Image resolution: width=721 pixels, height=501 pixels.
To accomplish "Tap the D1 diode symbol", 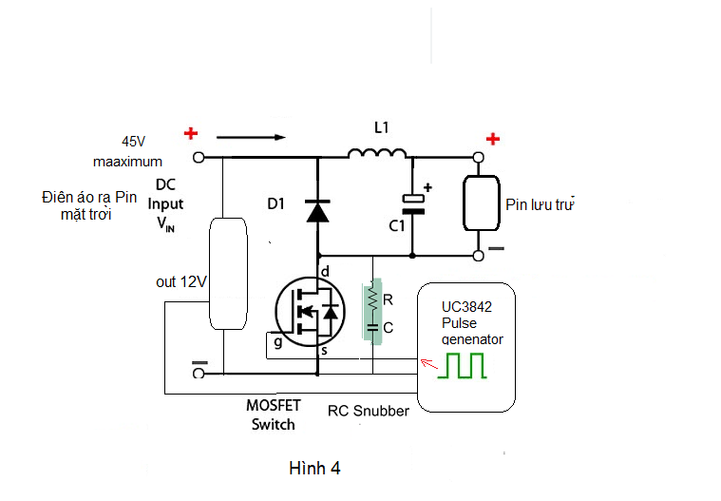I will click(x=316, y=210).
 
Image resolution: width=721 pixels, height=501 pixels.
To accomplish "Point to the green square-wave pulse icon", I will click(x=461, y=366).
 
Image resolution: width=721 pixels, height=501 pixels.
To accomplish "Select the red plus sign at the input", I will click(x=191, y=134).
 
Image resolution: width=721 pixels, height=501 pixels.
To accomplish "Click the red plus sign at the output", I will click(x=493, y=140).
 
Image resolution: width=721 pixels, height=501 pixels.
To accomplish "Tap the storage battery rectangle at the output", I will click(x=482, y=202).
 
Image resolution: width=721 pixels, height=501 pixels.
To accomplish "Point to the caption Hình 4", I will click(x=314, y=469).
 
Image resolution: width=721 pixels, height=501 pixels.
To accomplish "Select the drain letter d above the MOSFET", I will click(x=326, y=273).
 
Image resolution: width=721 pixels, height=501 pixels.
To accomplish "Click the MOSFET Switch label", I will click(x=273, y=414).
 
